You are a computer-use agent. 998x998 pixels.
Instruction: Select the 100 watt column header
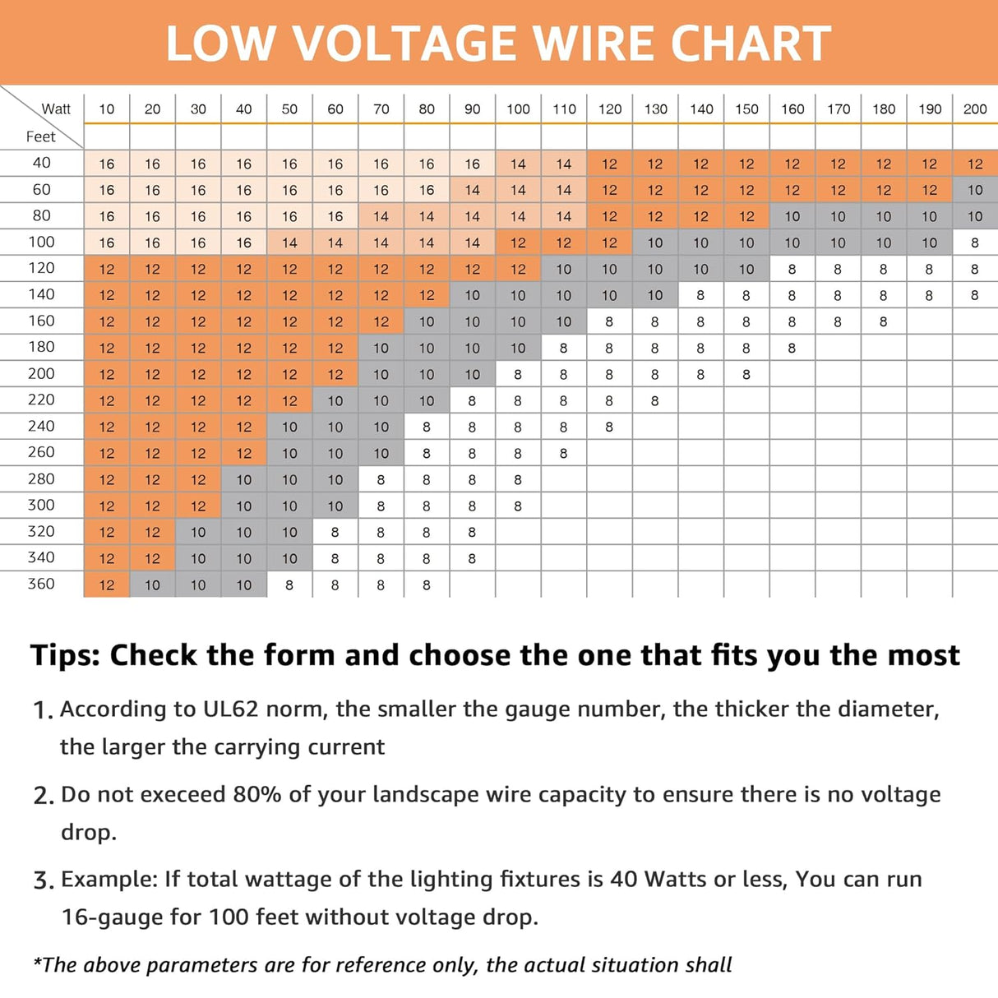[x=518, y=109]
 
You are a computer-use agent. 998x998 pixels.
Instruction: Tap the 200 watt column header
[x=975, y=109]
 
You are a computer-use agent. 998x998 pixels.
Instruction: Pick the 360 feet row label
[x=41, y=584]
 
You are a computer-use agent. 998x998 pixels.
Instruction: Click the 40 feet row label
[x=41, y=163]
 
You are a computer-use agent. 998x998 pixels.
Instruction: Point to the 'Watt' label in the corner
[x=56, y=109]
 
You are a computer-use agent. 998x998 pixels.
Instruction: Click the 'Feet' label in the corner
[x=40, y=136]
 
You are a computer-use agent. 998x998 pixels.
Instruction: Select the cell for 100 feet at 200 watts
[x=975, y=243]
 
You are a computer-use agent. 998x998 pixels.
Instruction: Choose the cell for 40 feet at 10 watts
[x=107, y=164]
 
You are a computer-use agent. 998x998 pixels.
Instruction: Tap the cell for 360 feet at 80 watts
[x=426, y=585]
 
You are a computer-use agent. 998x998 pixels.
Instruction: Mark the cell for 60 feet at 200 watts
[x=975, y=190]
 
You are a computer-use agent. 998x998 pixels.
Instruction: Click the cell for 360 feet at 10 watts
[x=107, y=585]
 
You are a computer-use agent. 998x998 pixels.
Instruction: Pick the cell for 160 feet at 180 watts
[x=884, y=321]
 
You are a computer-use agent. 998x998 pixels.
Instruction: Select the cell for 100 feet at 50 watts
[x=289, y=243]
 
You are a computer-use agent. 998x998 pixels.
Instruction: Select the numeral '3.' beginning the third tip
[x=44, y=880]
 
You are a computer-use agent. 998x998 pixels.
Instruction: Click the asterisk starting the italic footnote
[x=37, y=961]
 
